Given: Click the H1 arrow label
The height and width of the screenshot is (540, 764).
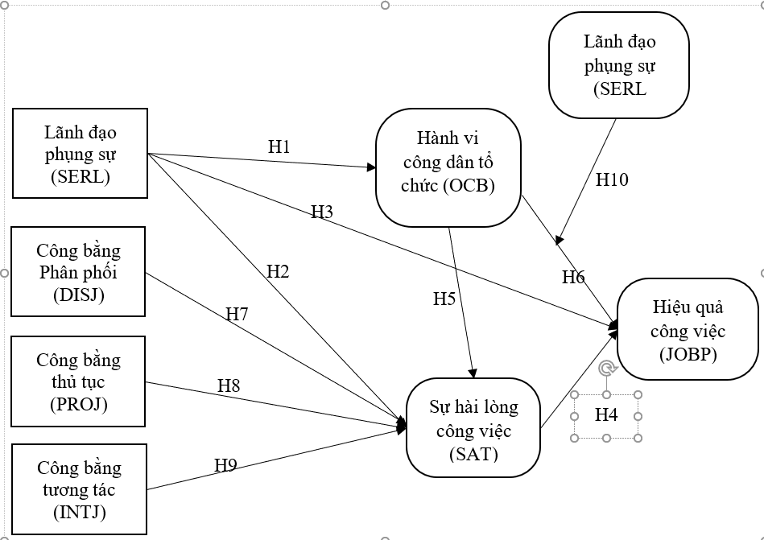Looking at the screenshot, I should point(279,146).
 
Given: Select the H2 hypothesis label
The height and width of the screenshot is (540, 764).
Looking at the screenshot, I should point(278,272).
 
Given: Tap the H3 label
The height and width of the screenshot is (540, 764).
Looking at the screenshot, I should point(322,212).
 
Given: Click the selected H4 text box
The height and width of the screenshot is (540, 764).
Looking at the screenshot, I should point(606,415).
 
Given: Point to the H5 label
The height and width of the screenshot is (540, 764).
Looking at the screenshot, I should point(444,299).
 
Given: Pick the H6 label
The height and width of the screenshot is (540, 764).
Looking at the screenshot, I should point(573,278).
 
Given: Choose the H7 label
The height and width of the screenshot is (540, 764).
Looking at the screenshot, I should point(237,315).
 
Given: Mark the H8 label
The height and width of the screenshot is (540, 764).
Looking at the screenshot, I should point(229,385).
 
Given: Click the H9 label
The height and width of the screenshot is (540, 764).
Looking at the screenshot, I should point(225,464).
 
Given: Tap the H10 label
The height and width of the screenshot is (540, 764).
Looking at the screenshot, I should point(612,179).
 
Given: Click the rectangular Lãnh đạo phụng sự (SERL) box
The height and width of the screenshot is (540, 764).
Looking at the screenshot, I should point(80,153).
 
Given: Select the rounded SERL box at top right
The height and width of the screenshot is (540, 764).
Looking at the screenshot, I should point(619,65).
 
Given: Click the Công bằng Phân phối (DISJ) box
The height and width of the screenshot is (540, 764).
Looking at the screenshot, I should point(78,271).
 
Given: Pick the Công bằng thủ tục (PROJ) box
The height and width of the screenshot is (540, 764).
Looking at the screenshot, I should point(78,381).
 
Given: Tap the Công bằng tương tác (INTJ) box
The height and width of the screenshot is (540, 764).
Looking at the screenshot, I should point(79,488).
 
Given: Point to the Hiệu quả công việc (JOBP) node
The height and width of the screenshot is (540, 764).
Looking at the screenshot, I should point(687,329).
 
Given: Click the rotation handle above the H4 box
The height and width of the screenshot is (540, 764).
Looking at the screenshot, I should point(606,369).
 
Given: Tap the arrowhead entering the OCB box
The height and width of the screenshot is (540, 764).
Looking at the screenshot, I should point(371,167).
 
